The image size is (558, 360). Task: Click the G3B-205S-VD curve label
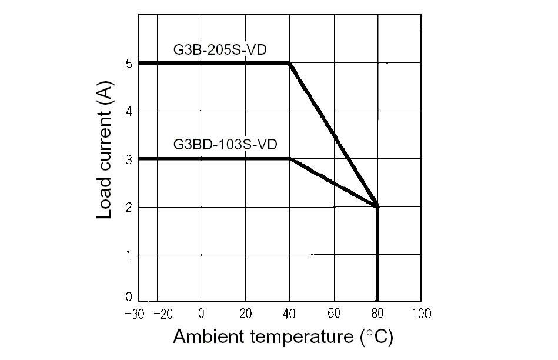(220, 49)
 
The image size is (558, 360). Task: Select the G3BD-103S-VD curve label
(225, 144)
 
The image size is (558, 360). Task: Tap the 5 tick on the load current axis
(129, 64)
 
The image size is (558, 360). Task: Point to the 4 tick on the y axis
(129, 111)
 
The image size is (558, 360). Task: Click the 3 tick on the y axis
(129, 159)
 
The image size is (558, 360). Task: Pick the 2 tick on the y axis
(129, 207)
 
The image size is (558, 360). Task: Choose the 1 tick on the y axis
(129, 255)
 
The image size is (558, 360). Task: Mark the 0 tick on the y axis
(129, 298)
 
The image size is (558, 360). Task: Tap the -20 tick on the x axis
(163, 313)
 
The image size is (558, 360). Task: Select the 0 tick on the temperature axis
(201, 313)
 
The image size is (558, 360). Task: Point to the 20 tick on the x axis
(246, 313)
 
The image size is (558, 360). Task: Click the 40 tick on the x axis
(290, 313)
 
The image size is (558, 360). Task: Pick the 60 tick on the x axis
(334, 313)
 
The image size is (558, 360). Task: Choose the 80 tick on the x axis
(377, 313)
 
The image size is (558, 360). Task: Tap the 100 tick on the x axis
(421, 313)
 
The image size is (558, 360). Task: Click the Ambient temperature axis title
(283, 337)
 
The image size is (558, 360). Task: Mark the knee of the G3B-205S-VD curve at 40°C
(290, 64)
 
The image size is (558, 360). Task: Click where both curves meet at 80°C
(377, 206)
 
